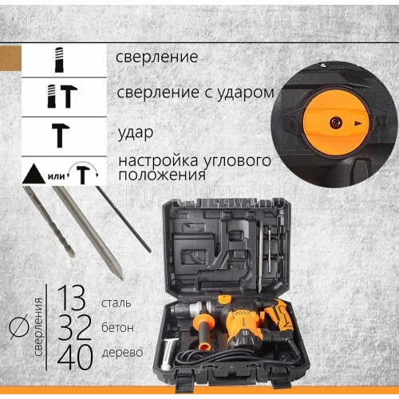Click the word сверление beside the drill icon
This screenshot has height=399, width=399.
coord(156,57)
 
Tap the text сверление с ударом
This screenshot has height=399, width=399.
coord(196,93)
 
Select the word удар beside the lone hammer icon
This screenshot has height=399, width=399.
coord(136,132)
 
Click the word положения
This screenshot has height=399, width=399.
coord(162,175)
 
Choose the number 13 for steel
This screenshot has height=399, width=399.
coord(72,298)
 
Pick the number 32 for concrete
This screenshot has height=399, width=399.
coord(74,327)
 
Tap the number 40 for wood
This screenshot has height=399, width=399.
coord(75,358)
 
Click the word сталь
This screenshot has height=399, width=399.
coord(117,303)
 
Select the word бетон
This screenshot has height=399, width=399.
coord(117,327)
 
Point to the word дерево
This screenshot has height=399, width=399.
coord(122,353)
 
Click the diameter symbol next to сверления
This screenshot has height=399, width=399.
coord(19,326)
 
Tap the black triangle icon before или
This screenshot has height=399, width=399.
coord(34,174)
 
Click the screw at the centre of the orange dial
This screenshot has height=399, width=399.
coord(335,123)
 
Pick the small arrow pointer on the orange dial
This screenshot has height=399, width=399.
coord(358,123)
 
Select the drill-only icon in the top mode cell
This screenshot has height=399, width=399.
coord(59,60)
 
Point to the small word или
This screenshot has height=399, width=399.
coord(56,176)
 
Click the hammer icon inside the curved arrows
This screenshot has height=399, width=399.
coord(83,174)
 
